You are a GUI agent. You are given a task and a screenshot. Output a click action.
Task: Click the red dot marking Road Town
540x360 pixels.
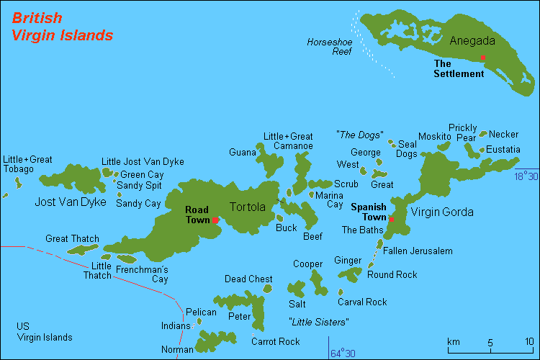[215, 220]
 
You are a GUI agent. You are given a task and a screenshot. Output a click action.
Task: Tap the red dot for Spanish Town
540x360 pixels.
[391, 219]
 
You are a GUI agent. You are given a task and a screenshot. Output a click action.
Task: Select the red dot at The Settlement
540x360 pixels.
[482, 58]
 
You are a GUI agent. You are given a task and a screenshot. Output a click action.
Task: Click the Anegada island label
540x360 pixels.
[472, 41]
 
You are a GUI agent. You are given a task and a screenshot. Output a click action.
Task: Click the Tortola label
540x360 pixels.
[247, 207]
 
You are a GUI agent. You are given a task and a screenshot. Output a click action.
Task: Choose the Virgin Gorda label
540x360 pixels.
[442, 212]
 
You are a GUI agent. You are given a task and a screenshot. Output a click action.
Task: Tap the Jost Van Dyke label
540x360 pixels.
[71, 202]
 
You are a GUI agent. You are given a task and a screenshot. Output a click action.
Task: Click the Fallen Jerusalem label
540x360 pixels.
[418, 251]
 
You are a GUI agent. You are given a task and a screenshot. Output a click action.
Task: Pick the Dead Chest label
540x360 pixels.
[248, 279]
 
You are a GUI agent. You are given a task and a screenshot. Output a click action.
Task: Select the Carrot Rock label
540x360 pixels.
[276, 341]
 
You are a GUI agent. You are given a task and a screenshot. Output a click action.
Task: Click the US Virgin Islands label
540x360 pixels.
[45, 331]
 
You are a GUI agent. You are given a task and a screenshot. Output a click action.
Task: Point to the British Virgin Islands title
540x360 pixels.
[62, 27]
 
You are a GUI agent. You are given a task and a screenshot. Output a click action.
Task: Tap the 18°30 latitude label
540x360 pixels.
[526, 175]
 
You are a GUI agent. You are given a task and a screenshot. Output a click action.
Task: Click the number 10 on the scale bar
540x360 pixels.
[529, 341]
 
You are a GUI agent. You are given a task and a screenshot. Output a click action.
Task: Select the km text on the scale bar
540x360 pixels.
[454, 341]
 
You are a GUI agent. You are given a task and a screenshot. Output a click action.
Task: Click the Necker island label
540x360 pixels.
[503, 134]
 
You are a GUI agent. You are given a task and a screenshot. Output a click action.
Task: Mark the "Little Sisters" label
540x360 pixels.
[318, 322]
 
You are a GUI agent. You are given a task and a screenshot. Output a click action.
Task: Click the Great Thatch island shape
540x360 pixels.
[83, 250]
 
